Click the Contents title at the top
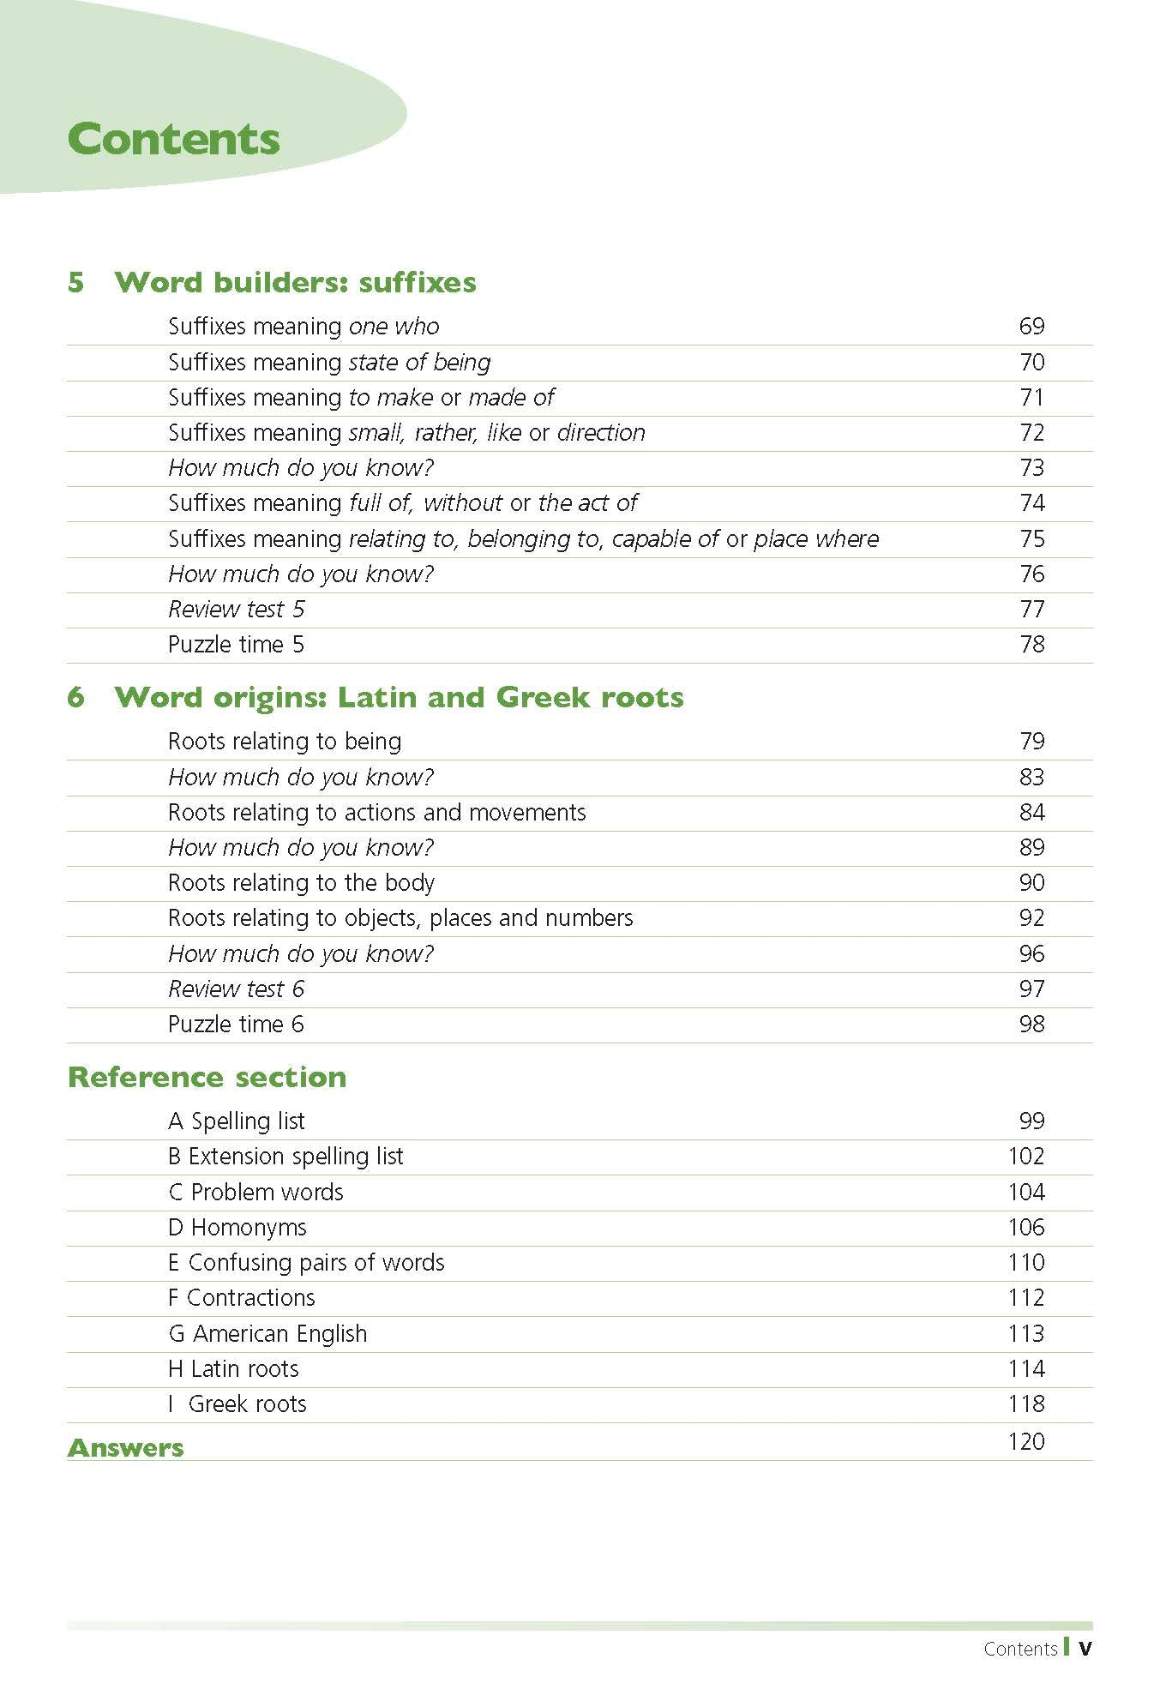point(173,140)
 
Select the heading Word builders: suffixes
point(295,282)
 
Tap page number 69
point(1031,326)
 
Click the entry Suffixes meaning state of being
point(329,362)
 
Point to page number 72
point(1031,432)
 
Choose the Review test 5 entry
point(236,609)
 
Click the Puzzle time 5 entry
point(236,644)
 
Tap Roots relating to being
point(285,741)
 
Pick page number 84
point(1031,812)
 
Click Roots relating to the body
point(301,882)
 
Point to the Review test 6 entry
point(236,989)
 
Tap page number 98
point(1031,1024)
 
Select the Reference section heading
point(207,1077)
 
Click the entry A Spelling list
point(237,1121)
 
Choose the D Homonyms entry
point(237,1227)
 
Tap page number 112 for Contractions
point(1026,1297)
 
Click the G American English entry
point(267,1333)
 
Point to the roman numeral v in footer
point(1085,1648)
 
